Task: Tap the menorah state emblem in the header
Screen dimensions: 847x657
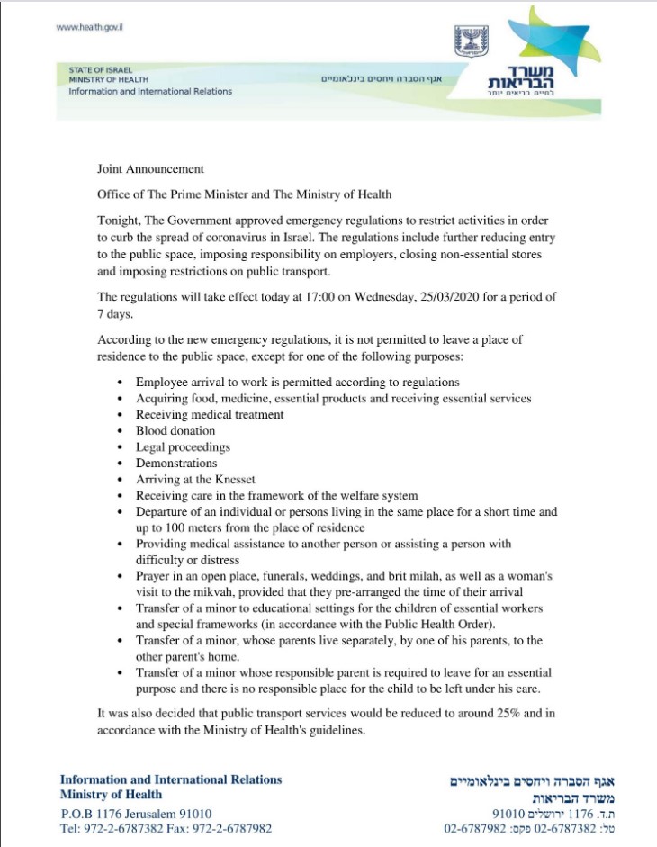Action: click(x=467, y=41)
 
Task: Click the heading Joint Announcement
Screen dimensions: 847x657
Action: click(x=150, y=168)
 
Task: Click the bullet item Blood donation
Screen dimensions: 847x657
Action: click(x=175, y=430)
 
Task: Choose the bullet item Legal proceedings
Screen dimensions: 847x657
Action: click(x=183, y=446)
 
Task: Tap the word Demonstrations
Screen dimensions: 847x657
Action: click(x=176, y=463)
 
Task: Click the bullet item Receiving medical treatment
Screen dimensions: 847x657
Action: click(x=210, y=414)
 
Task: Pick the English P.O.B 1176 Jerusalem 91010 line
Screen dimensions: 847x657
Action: click(x=136, y=813)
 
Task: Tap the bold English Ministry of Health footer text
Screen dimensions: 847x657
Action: click(x=111, y=795)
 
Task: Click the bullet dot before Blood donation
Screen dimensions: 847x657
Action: click(x=121, y=431)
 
